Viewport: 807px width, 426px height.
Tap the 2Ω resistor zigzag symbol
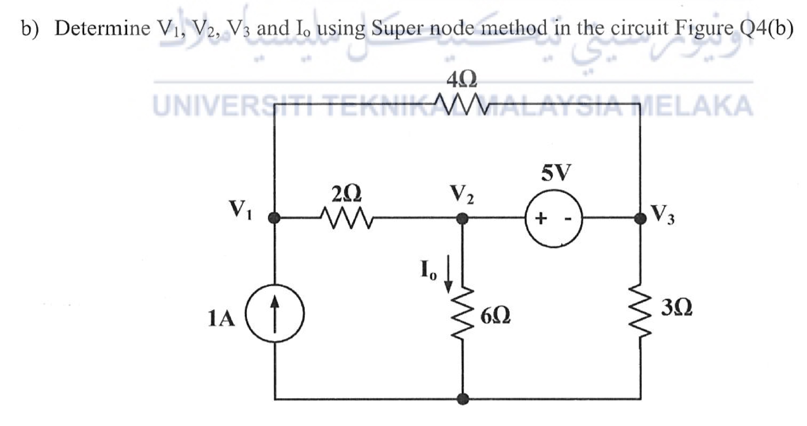347,218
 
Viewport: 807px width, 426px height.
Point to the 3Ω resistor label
676,307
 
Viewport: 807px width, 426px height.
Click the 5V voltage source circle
554,218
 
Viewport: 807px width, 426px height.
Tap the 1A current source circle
275,313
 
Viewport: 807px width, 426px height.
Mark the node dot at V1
274,218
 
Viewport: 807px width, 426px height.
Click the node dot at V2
462,218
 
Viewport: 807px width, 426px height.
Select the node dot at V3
640,218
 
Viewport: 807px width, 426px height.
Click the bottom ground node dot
462,399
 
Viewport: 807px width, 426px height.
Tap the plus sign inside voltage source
541,218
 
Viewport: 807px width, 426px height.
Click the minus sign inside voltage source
568,219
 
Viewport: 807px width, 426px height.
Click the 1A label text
221,319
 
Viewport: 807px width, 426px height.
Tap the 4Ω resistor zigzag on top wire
461,104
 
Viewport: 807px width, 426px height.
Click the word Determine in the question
102,29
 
